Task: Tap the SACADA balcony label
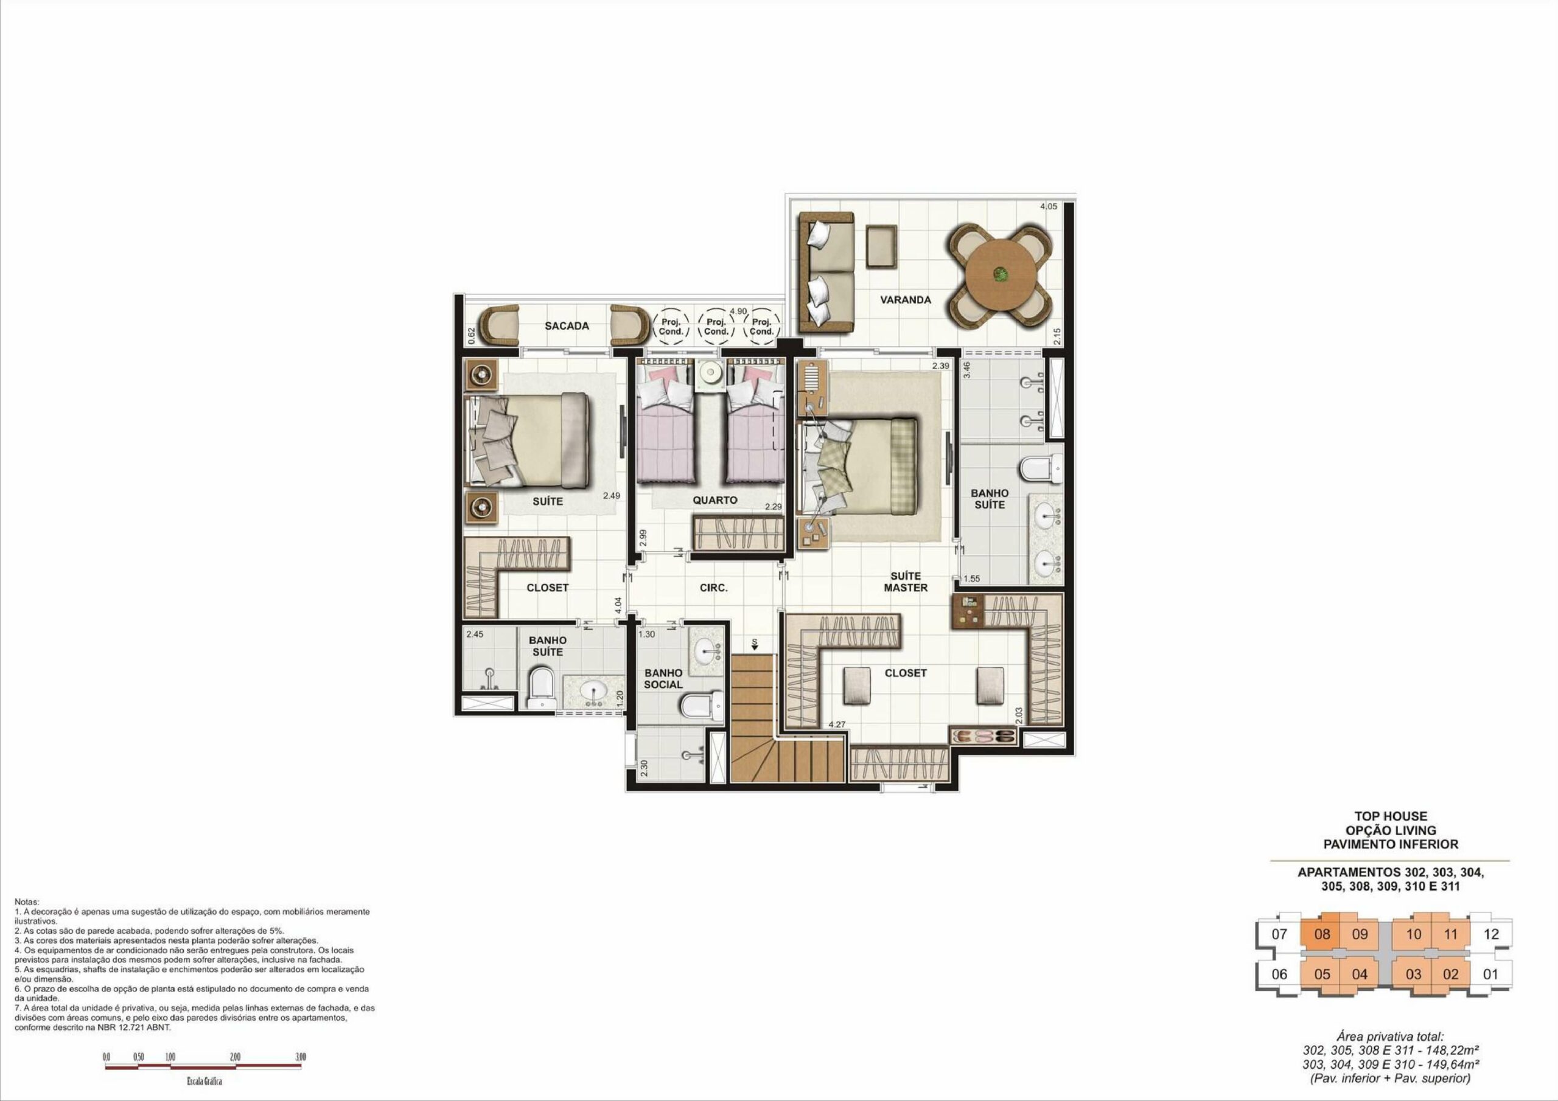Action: [x=567, y=325]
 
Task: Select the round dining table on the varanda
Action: [x=1000, y=275]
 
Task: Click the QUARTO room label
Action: [x=714, y=500]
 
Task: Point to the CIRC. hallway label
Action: [x=713, y=588]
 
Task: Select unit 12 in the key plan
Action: [x=1491, y=934]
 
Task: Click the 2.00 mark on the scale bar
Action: [x=235, y=1057]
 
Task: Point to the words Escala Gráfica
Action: [x=204, y=1082]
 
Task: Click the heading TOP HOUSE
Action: [x=1391, y=816]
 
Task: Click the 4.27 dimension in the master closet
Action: [x=837, y=724]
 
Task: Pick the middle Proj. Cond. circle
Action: [x=716, y=327]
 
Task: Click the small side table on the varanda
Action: [x=881, y=245]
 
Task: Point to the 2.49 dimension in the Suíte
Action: [x=612, y=496]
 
